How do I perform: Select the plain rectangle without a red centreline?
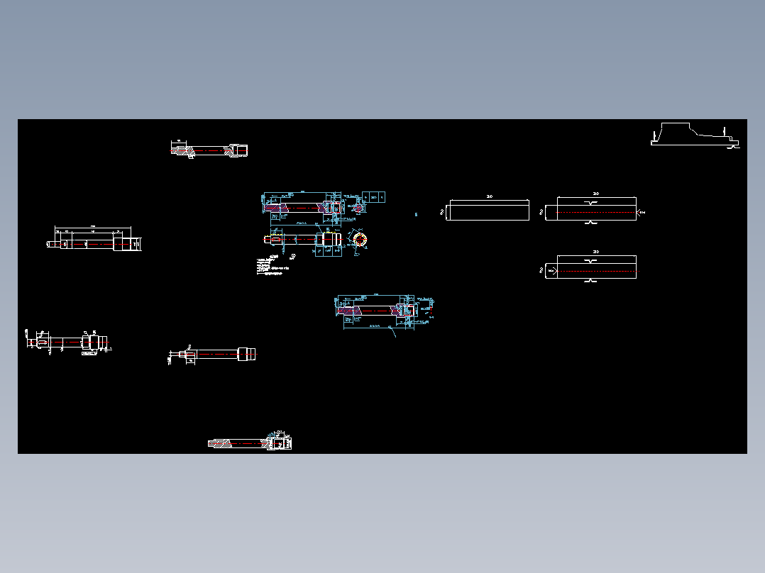coord(490,211)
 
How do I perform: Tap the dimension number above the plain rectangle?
coord(490,196)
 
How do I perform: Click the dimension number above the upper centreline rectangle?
coord(596,193)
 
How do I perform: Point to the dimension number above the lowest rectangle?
coord(596,252)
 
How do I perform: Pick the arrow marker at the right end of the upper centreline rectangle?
coord(641,212)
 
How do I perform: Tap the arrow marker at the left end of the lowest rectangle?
coord(550,270)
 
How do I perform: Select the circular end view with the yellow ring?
coord(359,239)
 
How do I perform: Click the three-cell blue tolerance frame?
coord(374,196)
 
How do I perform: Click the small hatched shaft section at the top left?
coord(209,150)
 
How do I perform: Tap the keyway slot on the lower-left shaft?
coord(43,343)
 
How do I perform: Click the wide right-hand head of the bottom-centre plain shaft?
coord(246,354)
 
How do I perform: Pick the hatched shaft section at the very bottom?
coord(249,443)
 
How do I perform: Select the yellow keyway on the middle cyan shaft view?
coord(273,239)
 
